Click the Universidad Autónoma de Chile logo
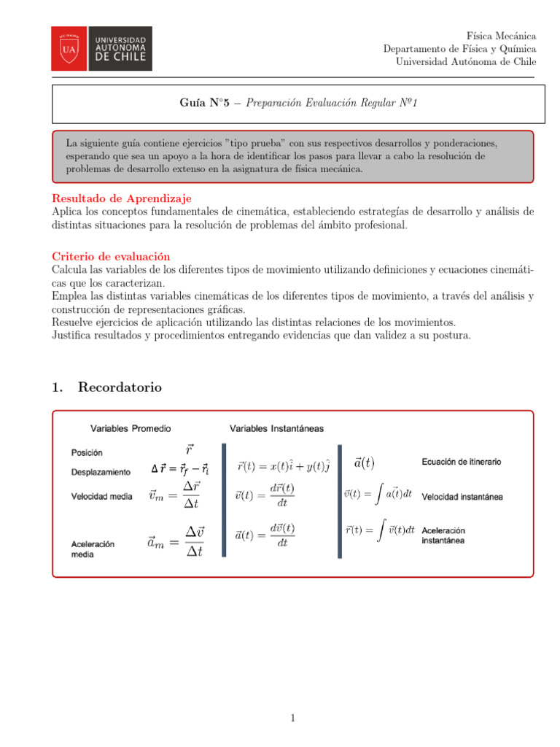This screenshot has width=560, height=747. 101,48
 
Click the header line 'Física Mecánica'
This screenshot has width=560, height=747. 501,36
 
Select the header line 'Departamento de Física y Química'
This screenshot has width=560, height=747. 459,49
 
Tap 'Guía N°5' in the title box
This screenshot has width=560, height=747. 205,104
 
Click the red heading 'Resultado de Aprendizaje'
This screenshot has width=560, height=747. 122,198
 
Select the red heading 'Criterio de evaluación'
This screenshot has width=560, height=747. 111,257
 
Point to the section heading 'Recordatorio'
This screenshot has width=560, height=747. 120,387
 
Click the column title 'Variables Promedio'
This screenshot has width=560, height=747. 131,428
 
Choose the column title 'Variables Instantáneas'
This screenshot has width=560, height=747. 277,428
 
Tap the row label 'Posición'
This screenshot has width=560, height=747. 87,453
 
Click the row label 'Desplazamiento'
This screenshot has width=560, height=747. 101,473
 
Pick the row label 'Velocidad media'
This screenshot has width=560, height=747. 101,497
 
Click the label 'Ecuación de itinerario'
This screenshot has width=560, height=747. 461,462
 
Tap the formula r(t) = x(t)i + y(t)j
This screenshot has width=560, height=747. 284,465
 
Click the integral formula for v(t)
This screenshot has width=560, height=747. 378,494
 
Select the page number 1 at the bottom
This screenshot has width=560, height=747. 292,719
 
